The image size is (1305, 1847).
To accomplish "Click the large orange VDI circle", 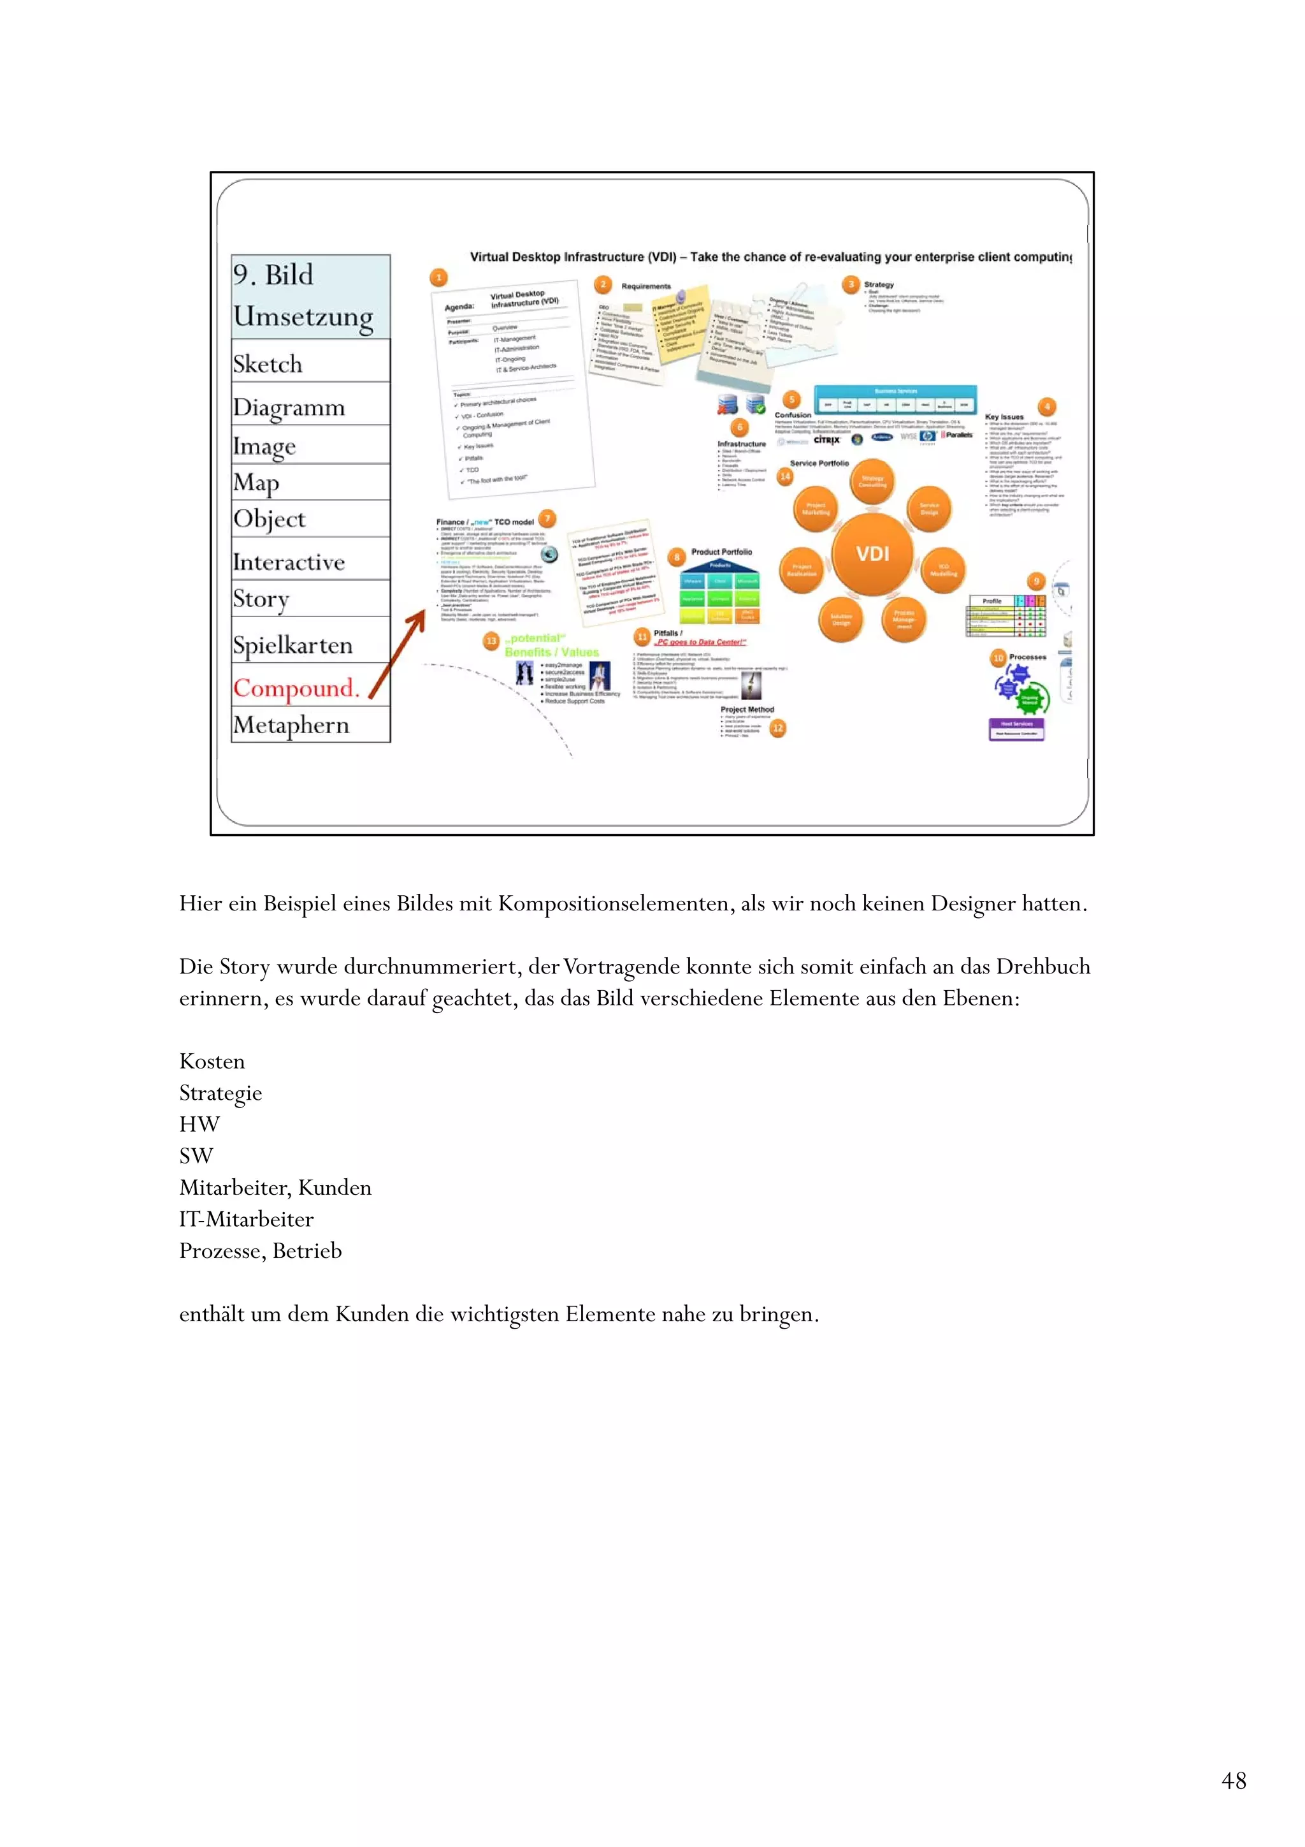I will pos(872,553).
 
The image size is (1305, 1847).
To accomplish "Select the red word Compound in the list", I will pos(294,689).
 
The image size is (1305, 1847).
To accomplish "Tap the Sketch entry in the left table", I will pos(268,365).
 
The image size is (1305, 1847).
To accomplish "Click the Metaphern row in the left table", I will pos(291,726).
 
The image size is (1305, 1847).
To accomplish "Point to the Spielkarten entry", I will pos(292,645).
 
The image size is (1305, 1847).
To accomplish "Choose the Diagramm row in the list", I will pos(289,408).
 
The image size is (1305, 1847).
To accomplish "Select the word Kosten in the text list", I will pos(212,1061).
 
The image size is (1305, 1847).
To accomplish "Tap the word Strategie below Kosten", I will pos(220,1092).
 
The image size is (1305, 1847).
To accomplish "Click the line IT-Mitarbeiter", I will pos(246,1219).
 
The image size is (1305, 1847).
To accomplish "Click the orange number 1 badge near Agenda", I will pos(438,277).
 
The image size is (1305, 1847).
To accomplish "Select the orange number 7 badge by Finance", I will pos(547,519).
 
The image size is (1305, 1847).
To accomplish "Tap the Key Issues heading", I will pos(1004,417).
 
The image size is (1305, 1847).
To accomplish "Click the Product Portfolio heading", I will pos(721,552).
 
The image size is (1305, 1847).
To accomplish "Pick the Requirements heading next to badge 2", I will pos(645,286).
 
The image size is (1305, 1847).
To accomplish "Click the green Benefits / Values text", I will pos(552,652).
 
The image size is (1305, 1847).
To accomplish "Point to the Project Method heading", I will pos(747,710).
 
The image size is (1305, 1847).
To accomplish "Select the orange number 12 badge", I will pos(777,728).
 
